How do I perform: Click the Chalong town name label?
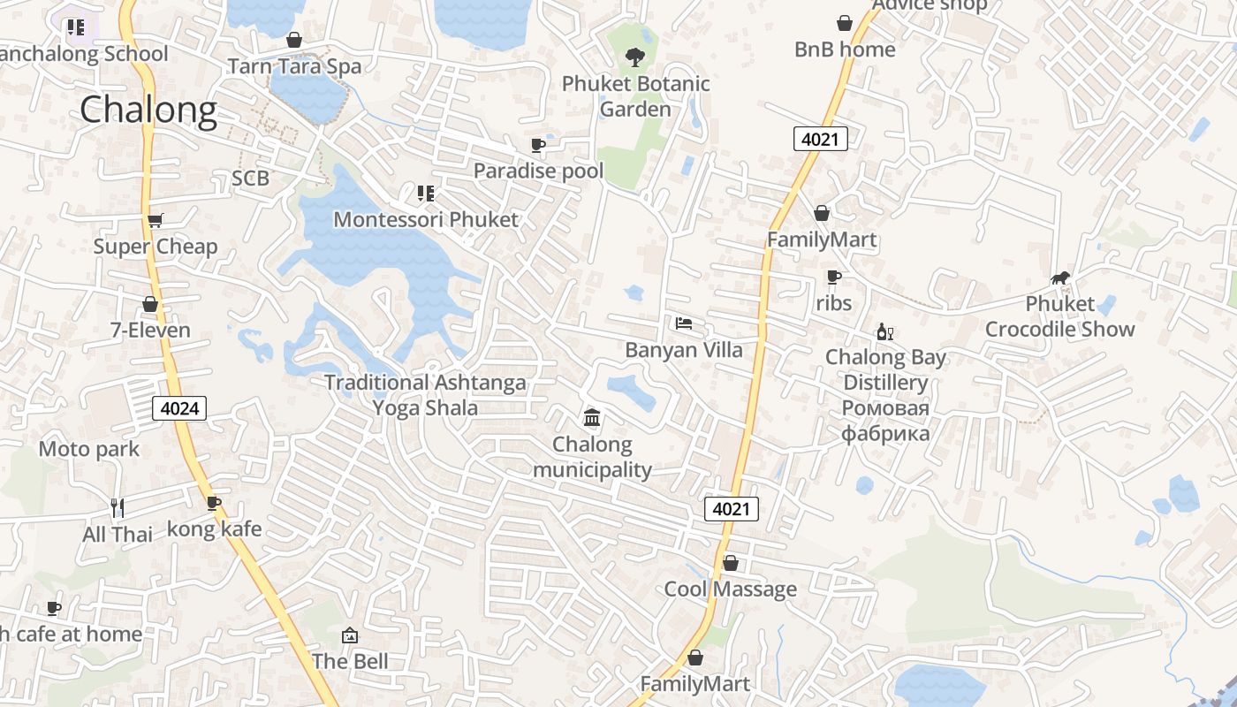pyautogui.click(x=148, y=110)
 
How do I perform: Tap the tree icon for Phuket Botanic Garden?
pyautogui.click(x=634, y=58)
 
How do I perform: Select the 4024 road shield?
pyautogui.click(x=179, y=407)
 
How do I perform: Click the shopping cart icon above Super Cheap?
pyautogui.click(x=156, y=220)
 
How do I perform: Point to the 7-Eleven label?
pyautogui.click(x=150, y=331)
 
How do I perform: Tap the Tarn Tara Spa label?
pyautogui.click(x=294, y=66)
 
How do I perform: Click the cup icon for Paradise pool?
pyautogui.click(x=538, y=145)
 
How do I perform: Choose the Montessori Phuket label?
pyautogui.click(x=426, y=219)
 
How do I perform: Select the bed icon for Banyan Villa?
pyautogui.click(x=684, y=323)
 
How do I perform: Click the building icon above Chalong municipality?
pyautogui.click(x=592, y=417)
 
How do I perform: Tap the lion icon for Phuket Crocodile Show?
pyautogui.click(x=1060, y=278)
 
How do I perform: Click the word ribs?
pyautogui.click(x=833, y=303)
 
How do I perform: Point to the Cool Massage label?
pyautogui.click(x=730, y=589)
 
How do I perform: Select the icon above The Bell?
pyautogui.click(x=350, y=635)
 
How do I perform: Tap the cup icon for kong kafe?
pyautogui.click(x=214, y=503)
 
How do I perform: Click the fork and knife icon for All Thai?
pyautogui.click(x=118, y=508)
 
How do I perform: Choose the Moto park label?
pyautogui.click(x=89, y=449)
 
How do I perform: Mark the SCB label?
pyautogui.click(x=250, y=179)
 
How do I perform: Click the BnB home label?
pyautogui.click(x=845, y=49)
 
